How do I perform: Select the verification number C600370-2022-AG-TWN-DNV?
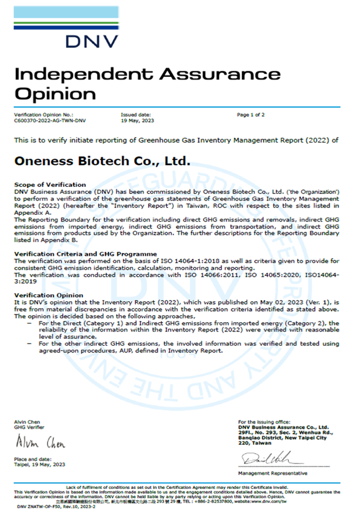tap(50, 120)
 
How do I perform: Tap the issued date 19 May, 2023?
tap(138, 120)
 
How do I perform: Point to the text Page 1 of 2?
tap(251, 114)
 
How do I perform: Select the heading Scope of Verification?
tap(50, 184)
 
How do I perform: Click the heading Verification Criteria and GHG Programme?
tap(85, 254)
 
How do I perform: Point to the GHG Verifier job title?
tap(29, 427)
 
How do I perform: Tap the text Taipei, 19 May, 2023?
tap(40, 464)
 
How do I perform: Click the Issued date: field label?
tap(135, 114)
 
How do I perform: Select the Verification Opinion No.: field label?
tap(43, 114)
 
